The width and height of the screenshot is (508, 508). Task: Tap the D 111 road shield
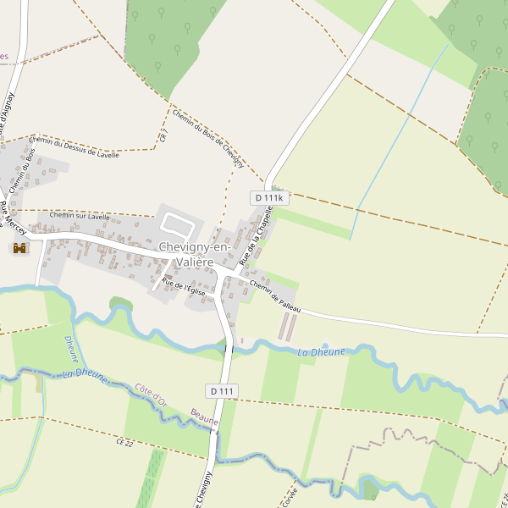coord(220,390)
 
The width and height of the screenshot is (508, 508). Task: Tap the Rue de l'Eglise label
coord(184,286)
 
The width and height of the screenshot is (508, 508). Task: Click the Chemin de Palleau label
coord(275,299)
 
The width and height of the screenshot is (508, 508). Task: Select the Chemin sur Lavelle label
coord(80,216)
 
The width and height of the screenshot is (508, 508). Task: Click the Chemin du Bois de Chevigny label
coord(207,138)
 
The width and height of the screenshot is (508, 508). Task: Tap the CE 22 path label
coord(125,442)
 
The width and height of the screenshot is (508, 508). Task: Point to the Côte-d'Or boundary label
coord(151,395)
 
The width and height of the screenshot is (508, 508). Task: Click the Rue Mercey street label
coord(13,218)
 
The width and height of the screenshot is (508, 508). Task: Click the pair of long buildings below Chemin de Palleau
coord(288,327)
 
